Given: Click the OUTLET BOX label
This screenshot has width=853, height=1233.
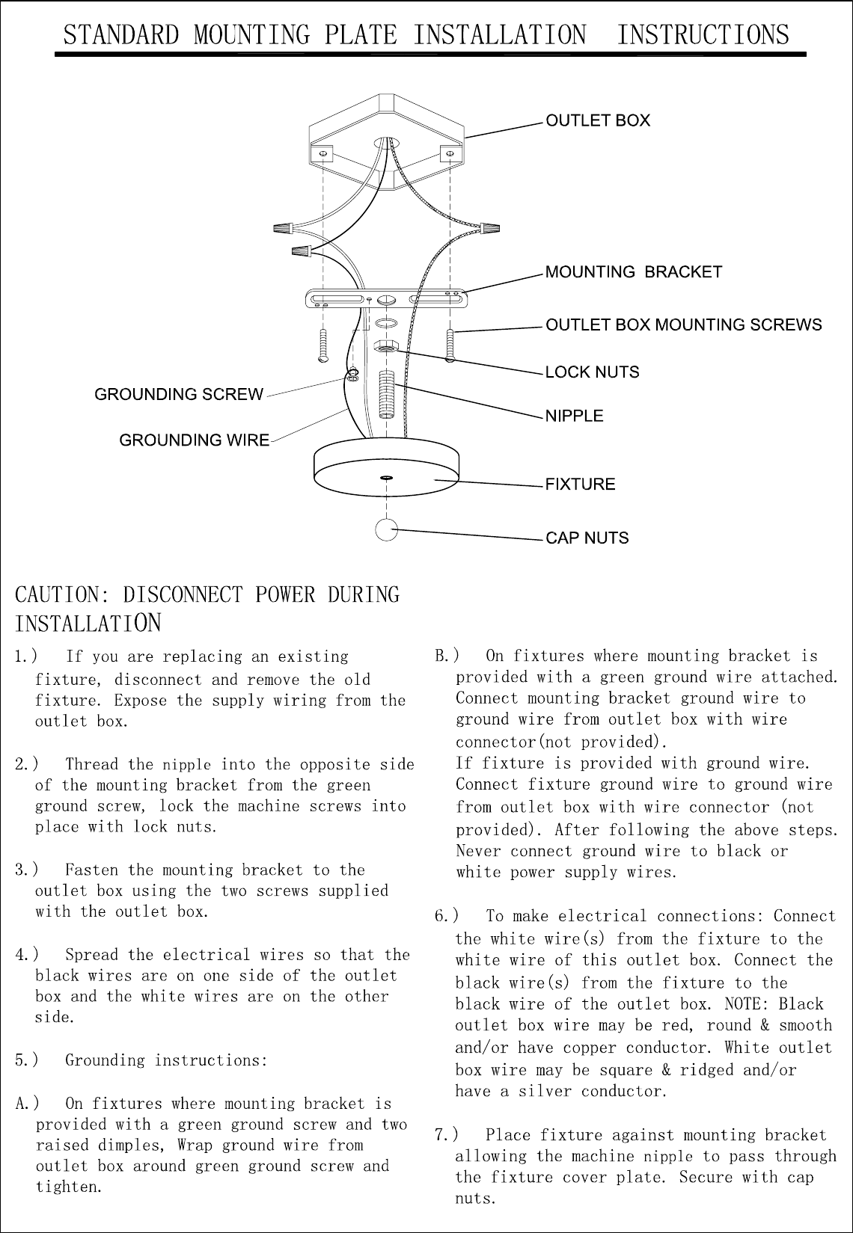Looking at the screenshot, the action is [x=598, y=120].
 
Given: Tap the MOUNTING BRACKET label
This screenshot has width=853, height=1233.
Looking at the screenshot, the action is [x=633, y=272].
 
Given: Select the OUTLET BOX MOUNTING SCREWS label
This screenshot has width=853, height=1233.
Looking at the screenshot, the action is [x=683, y=325].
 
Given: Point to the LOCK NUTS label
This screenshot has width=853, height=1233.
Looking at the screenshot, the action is [x=592, y=372].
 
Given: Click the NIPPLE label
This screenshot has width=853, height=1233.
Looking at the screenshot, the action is [x=575, y=416].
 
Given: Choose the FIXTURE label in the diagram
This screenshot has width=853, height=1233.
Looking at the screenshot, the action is [x=580, y=484].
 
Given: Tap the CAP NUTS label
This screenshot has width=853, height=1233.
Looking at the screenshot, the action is [x=587, y=538].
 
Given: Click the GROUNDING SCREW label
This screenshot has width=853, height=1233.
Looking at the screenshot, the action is [x=179, y=394].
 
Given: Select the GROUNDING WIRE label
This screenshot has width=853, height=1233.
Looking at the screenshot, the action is [x=195, y=440].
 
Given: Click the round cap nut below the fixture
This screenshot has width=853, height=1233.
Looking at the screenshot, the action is [x=386, y=529].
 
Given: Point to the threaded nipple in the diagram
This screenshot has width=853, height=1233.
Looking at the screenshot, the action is [x=387, y=394].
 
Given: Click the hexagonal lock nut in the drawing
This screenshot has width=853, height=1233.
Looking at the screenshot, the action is [x=386, y=346].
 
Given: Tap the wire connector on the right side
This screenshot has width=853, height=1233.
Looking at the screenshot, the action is [x=490, y=227].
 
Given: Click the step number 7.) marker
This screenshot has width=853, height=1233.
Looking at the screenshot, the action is [x=446, y=1135].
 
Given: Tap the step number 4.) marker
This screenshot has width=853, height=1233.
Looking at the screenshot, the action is [x=26, y=955].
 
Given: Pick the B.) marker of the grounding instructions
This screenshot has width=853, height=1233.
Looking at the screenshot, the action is [x=447, y=656].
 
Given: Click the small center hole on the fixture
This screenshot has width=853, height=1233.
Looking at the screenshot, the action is [x=386, y=477].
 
